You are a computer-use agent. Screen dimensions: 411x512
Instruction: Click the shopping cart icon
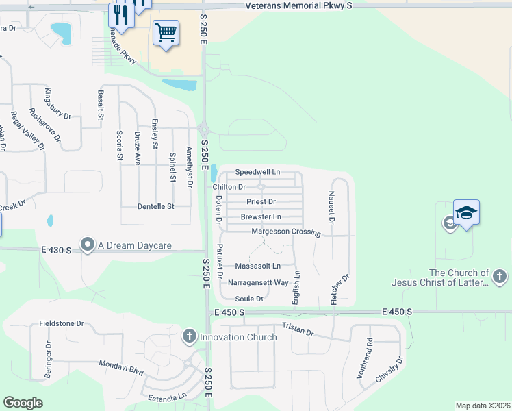pyautogui.click(x=166, y=32)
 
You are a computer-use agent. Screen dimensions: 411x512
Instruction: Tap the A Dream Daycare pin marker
pyautogui.click(x=87, y=245)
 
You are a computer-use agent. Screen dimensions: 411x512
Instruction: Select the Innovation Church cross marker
pyautogui.click(x=189, y=336)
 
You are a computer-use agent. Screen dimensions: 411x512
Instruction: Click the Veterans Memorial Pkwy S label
pyautogui.click(x=298, y=5)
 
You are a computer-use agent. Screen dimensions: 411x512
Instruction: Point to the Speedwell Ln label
pyautogui.click(x=257, y=171)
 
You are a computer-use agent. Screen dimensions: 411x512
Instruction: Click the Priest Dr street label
pyautogui.click(x=261, y=202)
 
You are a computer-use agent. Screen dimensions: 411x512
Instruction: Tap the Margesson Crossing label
pyautogui.click(x=286, y=232)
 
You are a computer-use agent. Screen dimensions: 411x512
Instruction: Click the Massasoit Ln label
pyautogui.click(x=258, y=266)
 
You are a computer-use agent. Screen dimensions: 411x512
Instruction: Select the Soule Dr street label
pyautogui.click(x=249, y=299)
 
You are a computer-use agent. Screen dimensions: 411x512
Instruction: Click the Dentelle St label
pyautogui.click(x=156, y=206)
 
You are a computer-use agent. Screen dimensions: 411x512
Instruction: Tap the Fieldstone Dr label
pyautogui.click(x=62, y=323)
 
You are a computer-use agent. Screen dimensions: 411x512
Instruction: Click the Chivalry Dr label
pyautogui.click(x=390, y=370)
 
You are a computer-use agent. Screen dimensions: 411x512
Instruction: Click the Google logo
pyautogui.click(x=23, y=403)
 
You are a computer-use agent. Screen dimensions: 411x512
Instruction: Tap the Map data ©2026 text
pyautogui.click(x=483, y=406)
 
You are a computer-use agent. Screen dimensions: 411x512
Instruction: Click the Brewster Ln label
pyautogui.click(x=261, y=216)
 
